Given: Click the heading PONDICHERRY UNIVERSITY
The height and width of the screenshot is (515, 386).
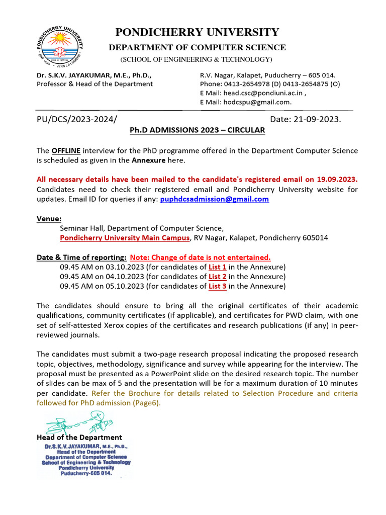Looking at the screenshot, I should pos(197,33).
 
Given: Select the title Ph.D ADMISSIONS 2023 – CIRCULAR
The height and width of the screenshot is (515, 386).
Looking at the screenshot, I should pos(197,130).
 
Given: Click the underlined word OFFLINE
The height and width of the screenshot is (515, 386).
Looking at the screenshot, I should pos(66,151).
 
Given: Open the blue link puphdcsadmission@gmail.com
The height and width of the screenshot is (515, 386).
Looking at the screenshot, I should pos(214,199).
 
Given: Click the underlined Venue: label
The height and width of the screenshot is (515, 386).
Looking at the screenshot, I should pos(49,219).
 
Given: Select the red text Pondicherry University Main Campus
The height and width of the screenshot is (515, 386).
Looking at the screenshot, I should pos(125,238).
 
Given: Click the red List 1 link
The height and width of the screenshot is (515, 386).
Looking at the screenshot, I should pos(217,267).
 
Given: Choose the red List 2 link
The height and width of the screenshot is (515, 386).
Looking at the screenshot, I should pos(217,277).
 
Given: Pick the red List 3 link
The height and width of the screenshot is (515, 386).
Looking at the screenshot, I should pos(217,286).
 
